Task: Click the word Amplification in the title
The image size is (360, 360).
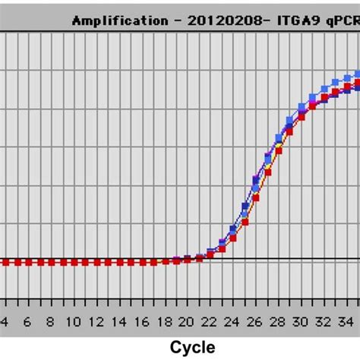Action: point(113,21)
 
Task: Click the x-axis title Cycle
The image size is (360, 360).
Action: point(192,347)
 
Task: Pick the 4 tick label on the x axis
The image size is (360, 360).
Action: point(5,321)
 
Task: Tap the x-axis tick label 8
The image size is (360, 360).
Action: point(51,321)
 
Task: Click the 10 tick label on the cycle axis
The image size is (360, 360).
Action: point(74,321)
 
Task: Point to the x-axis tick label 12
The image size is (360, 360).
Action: point(96,321)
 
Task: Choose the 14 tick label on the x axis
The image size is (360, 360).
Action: point(119,321)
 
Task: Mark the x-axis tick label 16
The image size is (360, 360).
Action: point(142,321)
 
